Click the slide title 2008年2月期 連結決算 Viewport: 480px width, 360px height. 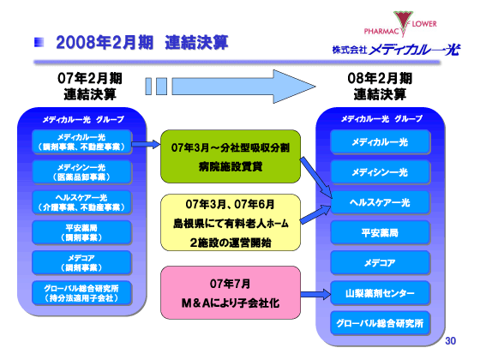pyautogui.click(x=141, y=42)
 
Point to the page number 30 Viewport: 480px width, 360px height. pyautogui.click(x=451, y=341)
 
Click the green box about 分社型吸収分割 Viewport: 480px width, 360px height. pyautogui.click(x=230, y=155)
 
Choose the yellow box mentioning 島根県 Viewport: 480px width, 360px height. pyautogui.click(x=230, y=225)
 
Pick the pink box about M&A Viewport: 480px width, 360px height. pyautogui.click(x=230, y=292)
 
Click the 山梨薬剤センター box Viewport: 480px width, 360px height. pyautogui.click(x=380, y=292)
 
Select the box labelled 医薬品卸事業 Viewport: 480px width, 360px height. pyautogui.click(x=81, y=171)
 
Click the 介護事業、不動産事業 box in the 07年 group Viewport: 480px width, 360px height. pyautogui.click(x=81, y=201)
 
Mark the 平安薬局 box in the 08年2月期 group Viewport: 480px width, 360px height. pyautogui.click(x=380, y=232)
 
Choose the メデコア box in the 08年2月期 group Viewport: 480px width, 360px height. pyautogui.click(x=380, y=262)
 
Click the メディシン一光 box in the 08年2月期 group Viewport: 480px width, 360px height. pyautogui.click(x=380, y=172)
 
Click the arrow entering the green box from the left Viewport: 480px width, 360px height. pyautogui.click(x=146, y=146)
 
